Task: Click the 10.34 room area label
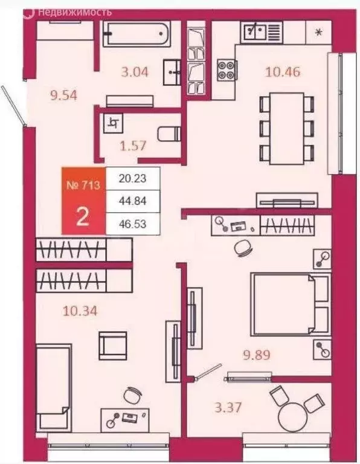pyautogui.click(x=80, y=312)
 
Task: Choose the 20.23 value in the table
pyautogui.click(x=133, y=178)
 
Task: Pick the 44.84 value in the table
pyautogui.click(x=133, y=201)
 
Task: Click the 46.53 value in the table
pyautogui.click(x=133, y=224)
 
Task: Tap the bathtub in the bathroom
pyautogui.click(x=137, y=35)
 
